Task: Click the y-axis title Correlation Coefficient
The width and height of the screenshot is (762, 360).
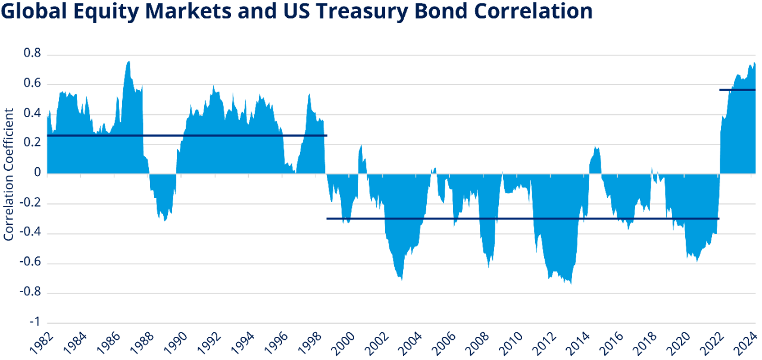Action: pos(9,174)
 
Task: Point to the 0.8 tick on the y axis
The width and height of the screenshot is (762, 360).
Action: pos(32,54)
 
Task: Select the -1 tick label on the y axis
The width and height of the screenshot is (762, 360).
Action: pos(35,322)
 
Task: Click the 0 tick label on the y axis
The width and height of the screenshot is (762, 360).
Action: pos(38,173)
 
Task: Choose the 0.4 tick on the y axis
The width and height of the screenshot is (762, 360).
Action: pos(32,114)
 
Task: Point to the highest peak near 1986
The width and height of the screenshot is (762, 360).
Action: pos(129,62)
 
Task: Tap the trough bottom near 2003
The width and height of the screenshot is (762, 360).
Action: pos(402,280)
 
